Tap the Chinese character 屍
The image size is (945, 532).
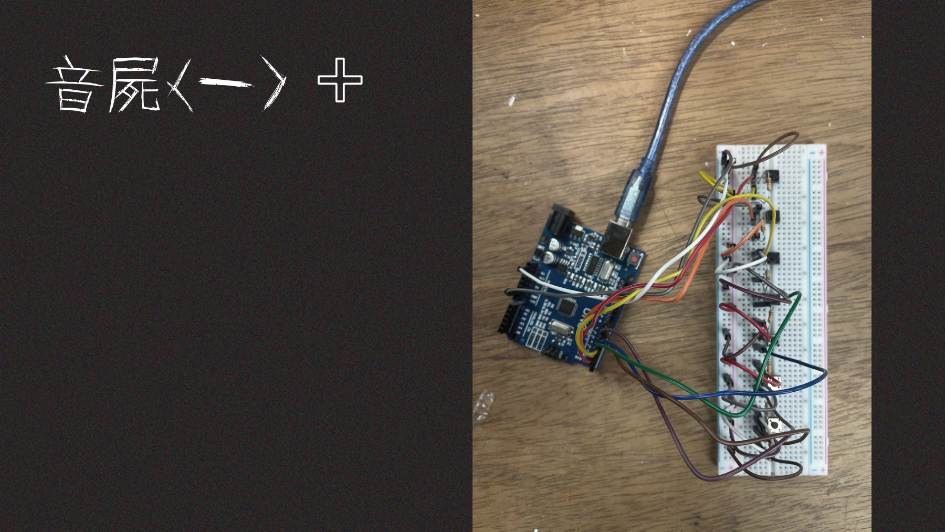[x=134, y=84]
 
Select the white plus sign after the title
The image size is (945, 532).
[x=340, y=80]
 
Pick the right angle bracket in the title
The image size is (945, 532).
[x=274, y=83]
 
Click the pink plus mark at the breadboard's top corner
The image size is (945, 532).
[x=821, y=152]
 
